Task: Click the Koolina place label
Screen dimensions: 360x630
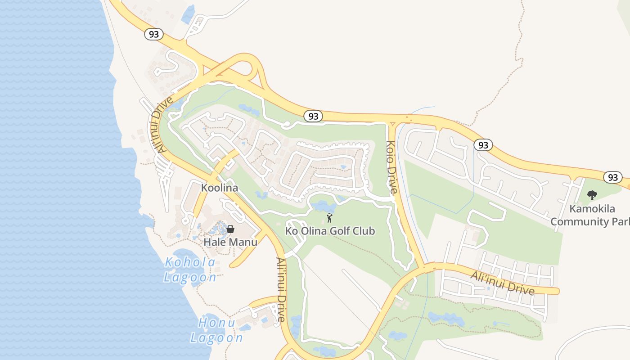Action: click(219, 188)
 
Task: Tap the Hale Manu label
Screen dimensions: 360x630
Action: click(230, 242)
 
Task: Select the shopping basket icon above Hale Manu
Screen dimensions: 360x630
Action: click(230, 229)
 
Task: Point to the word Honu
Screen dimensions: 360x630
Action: click(217, 323)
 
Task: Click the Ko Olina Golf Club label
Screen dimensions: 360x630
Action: click(330, 231)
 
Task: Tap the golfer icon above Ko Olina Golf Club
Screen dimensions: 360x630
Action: click(329, 218)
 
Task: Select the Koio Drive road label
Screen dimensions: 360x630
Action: click(391, 167)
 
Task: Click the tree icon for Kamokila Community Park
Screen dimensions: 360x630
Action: click(592, 195)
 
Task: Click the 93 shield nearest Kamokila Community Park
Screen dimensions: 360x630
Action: click(612, 177)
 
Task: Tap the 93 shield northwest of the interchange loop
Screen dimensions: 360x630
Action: click(154, 34)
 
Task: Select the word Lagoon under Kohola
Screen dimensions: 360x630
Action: click(190, 277)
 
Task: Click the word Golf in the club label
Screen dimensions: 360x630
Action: click(330, 231)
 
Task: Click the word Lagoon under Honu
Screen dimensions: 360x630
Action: click(216, 338)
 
